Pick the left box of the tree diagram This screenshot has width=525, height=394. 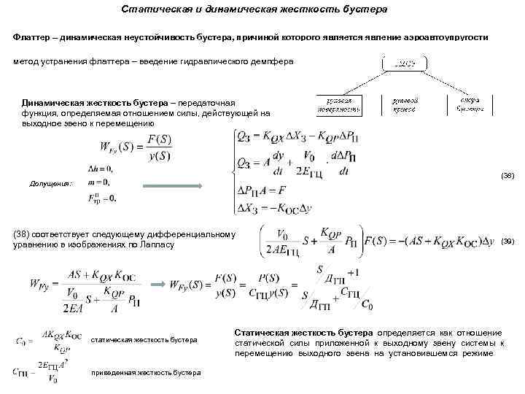pos(339,104)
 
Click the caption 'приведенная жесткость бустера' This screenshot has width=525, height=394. pos(146,373)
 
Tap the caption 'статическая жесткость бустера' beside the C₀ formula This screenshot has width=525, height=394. pos(144,340)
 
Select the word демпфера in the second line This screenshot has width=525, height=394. pos(273,62)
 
